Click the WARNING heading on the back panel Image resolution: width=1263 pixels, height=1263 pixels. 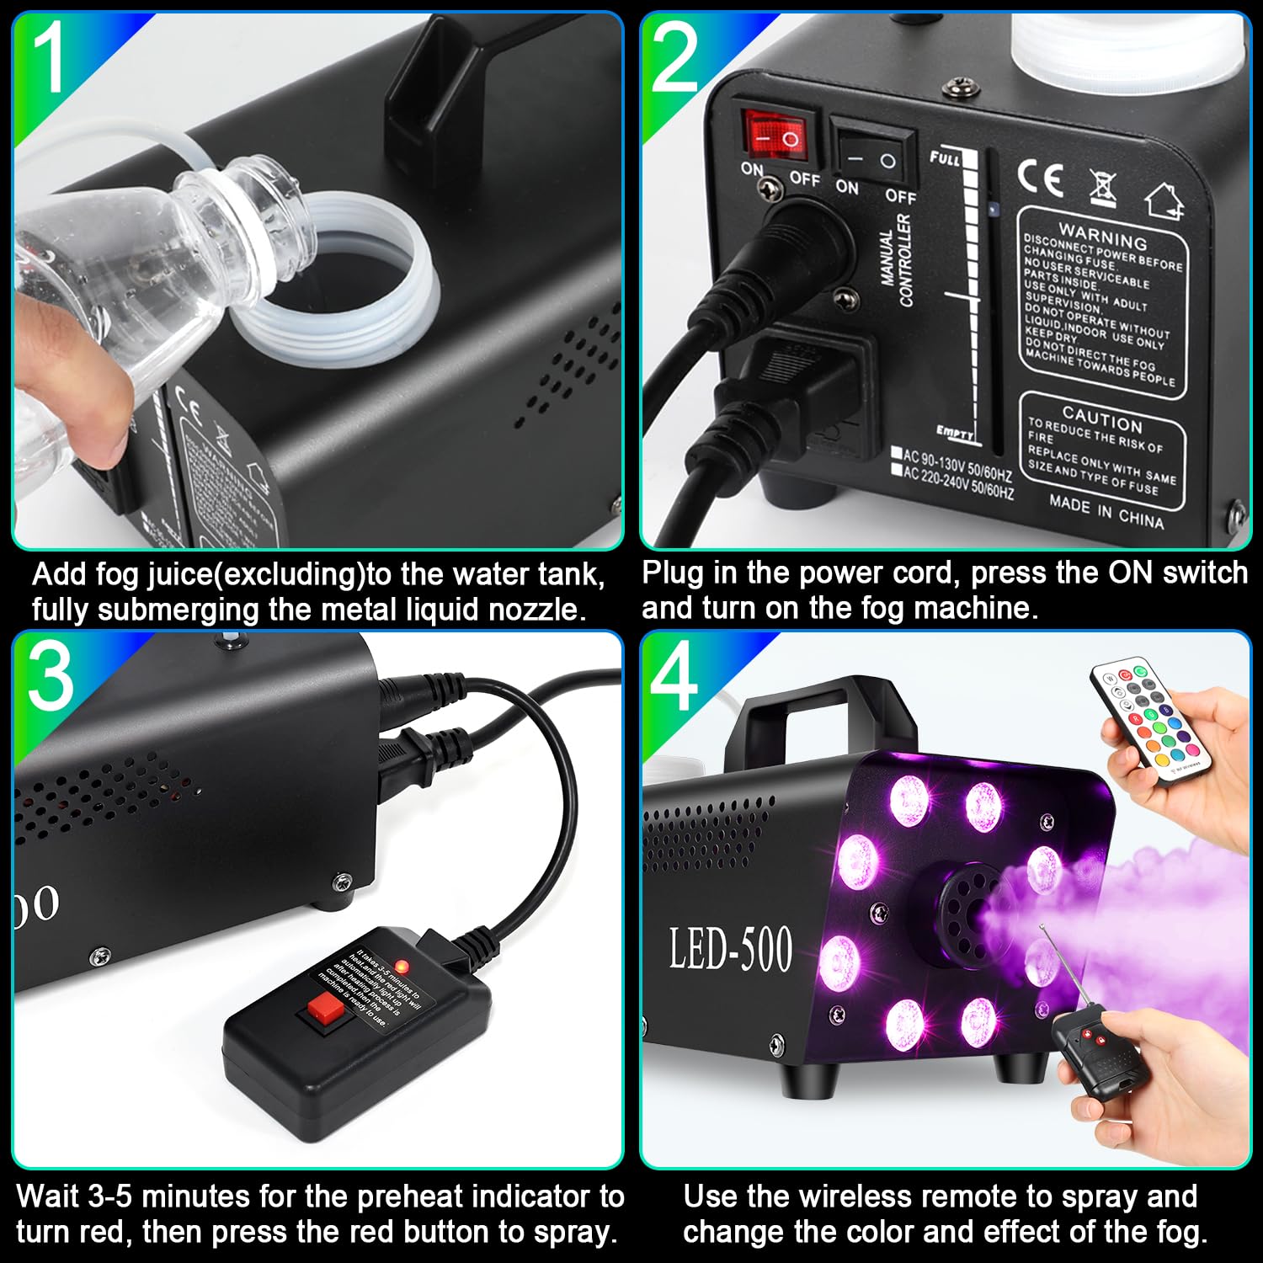point(1102,235)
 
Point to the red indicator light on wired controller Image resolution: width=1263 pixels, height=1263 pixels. point(402,965)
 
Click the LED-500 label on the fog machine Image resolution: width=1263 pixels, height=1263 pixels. point(730,949)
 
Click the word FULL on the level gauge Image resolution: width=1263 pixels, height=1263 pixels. point(945,157)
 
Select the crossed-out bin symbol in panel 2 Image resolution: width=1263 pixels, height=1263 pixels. point(1102,186)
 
